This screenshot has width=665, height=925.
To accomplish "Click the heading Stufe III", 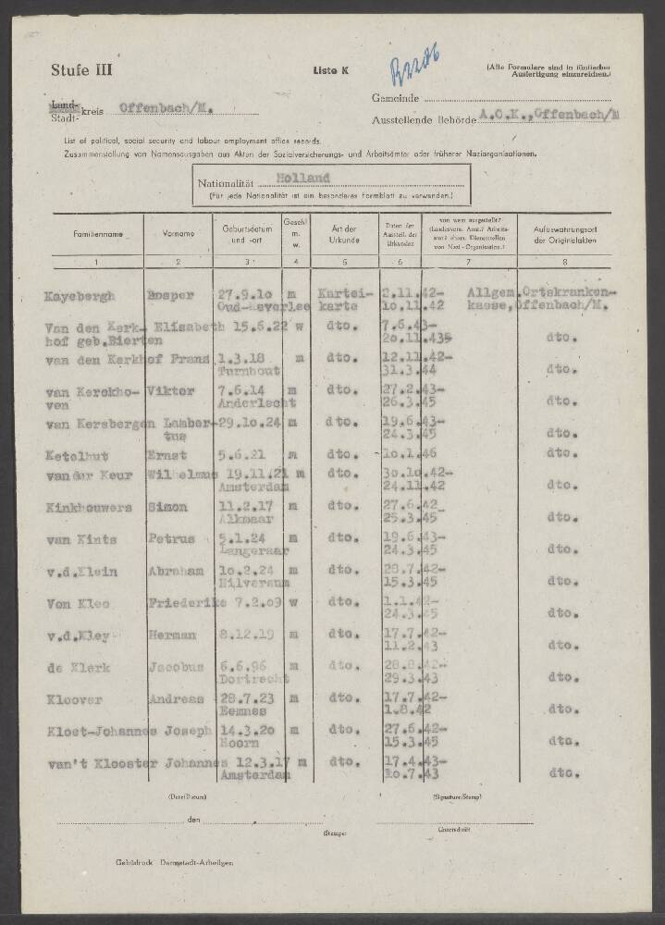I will (81, 71).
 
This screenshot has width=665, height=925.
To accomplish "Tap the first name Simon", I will (170, 507).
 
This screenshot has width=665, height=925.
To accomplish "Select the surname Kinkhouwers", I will (88, 507).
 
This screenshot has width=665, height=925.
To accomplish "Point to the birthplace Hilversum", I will (251, 583).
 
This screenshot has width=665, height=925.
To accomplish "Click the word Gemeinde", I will (397, 98).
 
